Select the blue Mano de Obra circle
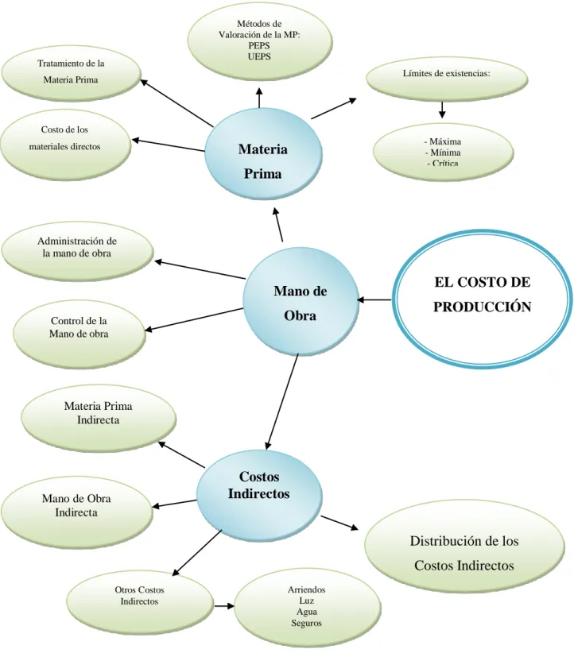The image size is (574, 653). [301, 303]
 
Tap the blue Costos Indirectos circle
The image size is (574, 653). [259, 496]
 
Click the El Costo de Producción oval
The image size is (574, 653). [483, 299]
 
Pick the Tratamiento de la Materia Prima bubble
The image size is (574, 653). [71, 72]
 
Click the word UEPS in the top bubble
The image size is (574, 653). [259, 56]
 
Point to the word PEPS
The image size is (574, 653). [259, 45]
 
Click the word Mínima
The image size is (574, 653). [443, 153]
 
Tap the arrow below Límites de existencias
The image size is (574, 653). [442, 109]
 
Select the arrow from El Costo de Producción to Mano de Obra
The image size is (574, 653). [374, 299]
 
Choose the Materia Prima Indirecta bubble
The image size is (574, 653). [99, 417]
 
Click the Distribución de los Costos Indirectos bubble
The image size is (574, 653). [464, 547]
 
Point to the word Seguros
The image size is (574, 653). [306, 623]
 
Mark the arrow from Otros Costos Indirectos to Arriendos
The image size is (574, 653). [224, 606]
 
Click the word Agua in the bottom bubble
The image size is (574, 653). [307, 612]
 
